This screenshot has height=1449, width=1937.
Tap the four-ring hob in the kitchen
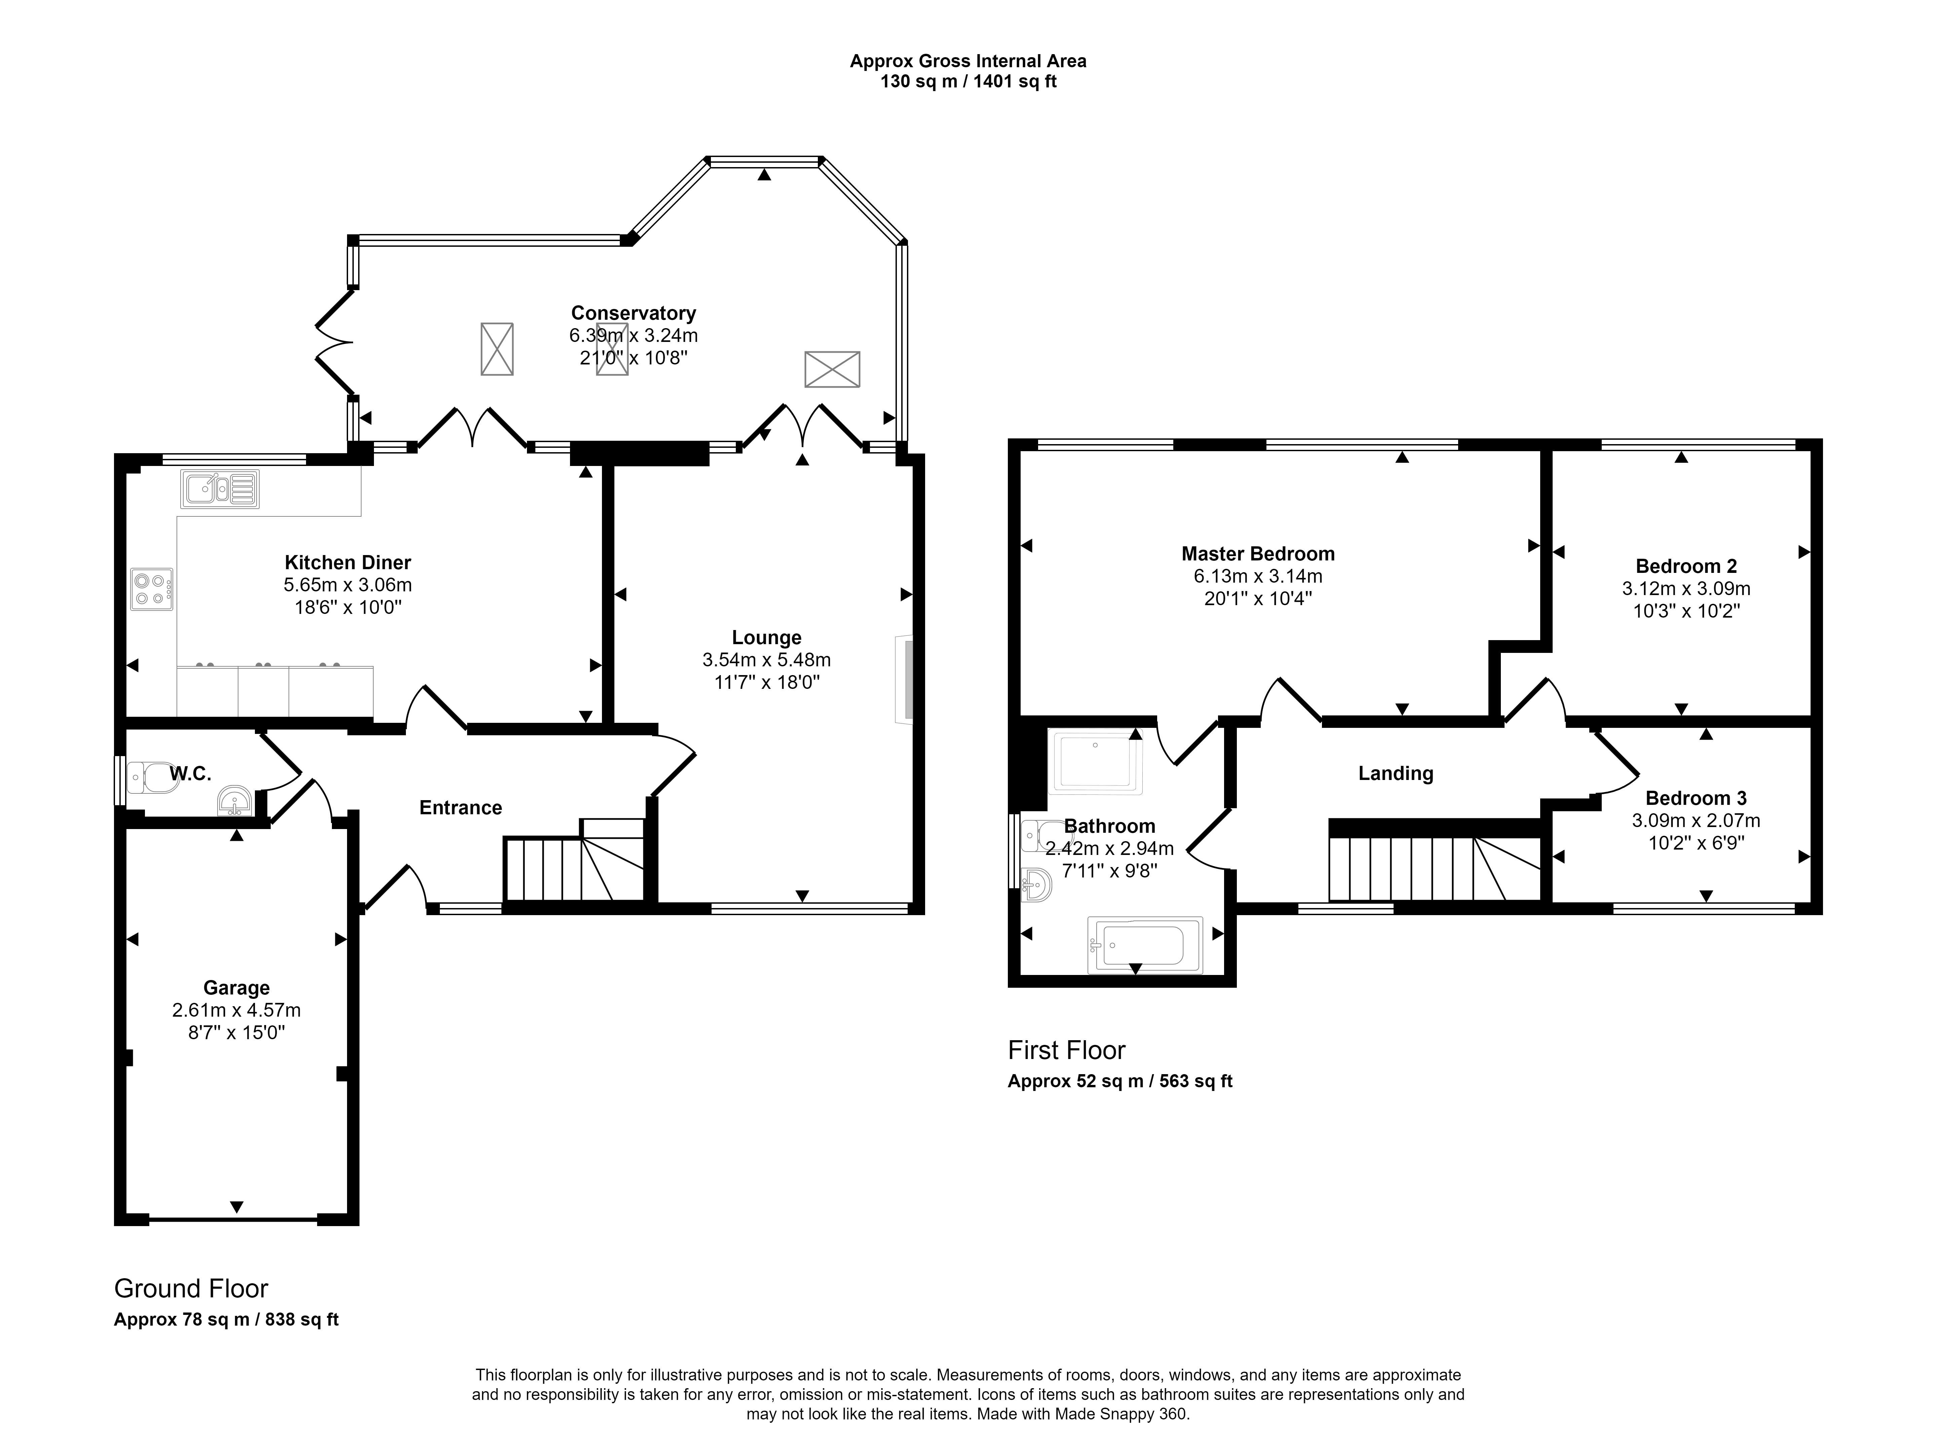(151, 589)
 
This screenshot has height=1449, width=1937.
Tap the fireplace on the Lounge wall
(904, 679)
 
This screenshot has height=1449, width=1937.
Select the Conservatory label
(633, 313)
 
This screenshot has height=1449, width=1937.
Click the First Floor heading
(1067, 1050)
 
